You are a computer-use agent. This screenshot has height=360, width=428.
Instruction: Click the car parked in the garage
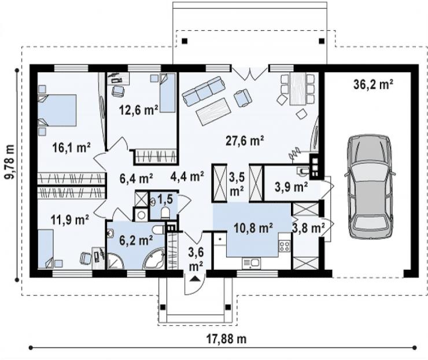click(370, 187)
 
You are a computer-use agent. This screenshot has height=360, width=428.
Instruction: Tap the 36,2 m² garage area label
click(373, 85)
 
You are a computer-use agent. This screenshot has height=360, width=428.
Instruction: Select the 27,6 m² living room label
click(245, 141)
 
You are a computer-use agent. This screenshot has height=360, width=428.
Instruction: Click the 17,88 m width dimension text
click(226, 339)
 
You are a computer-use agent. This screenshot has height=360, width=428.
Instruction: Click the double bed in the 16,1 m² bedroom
click(57, 111)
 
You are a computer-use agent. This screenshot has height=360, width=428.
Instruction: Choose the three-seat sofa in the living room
click(204, 91)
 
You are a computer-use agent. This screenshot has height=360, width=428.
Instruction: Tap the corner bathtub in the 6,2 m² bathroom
click(154, 259)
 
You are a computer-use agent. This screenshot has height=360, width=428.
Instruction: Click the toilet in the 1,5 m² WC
click(165, 213)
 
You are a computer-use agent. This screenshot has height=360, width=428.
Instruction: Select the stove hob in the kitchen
click(284, 246)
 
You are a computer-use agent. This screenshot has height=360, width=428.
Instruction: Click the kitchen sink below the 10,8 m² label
click(251, 263)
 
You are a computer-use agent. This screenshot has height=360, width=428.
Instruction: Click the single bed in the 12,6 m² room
click(167, 93)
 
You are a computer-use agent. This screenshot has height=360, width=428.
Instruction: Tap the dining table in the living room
click(298, 89)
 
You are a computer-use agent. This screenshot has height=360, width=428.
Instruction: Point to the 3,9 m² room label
click(292, 187)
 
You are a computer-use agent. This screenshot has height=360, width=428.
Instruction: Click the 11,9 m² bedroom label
click(70, 219)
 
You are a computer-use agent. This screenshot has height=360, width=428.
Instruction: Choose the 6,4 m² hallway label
click(136, 179)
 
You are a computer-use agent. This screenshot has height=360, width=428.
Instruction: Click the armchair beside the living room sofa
click(243, 98)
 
